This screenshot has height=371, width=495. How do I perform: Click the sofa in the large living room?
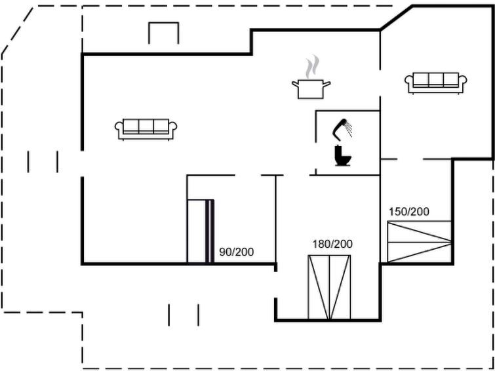point(146,129)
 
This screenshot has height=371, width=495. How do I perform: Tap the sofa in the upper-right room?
point(436,83)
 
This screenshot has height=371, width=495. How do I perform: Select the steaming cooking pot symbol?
point(311,88)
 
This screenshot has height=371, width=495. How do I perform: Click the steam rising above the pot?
point(312,67)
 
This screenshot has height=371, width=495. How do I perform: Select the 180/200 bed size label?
point(332,244)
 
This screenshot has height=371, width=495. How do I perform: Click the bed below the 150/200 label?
point(420,242)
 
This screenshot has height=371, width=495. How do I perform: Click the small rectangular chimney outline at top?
point(164,33)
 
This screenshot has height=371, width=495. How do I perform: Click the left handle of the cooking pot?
point(294,83)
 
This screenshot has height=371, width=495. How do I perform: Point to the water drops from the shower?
point(349,131)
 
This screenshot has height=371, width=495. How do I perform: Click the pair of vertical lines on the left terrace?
point(43,161)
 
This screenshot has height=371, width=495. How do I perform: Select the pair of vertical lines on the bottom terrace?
point(184,315)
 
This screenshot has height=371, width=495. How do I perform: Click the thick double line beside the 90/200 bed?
point(210,231)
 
